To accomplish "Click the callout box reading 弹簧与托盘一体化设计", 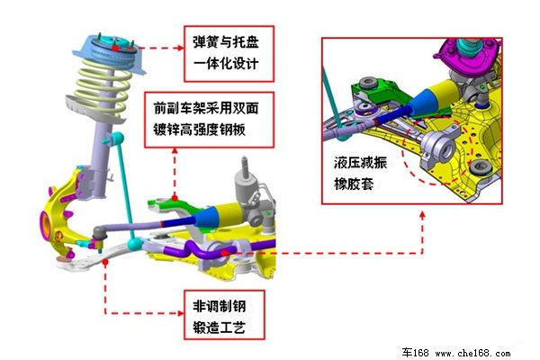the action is pyautogui.click(x=229, y=54).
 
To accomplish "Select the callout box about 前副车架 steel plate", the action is pyautogui.click(x=209, y=120).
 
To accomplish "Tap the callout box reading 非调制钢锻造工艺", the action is pyautogui.click(x=224, y=315).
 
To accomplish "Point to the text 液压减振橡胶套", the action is pyautogui.click(x=360, y=174).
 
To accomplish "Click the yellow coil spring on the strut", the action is pyautogui.click(x=103, y=86).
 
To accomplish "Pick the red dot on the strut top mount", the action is pyautogui.click(x=115, y=49).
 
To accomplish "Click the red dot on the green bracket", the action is pyautogui.click(x=175, y=198).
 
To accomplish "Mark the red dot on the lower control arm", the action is pyautogui.click(x=105, y=262).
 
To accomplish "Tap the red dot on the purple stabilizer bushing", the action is pyautogui.click(x=224, y=253).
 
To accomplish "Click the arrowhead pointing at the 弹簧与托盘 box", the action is pyautogui.click(x=181, y=49).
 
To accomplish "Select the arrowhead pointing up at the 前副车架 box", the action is pyautogui.click(x=175, y=151).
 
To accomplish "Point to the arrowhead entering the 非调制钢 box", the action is pyautogui.click(x=181, y=313).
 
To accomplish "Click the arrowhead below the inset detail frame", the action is pyautogui.click(x=423, y=215).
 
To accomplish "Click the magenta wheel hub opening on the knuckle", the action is pyautogui.click(x=45, y=225).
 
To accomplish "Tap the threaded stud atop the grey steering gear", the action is pyautogui.click(x=245, y=165).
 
